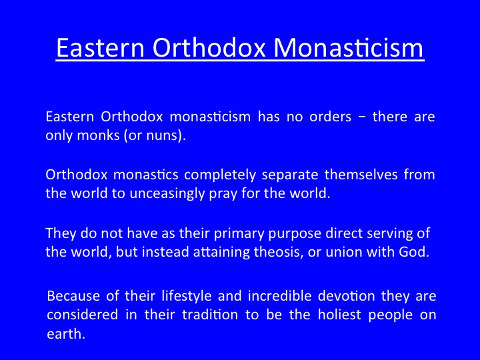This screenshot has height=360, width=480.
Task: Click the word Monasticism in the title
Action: [x=348, y=48]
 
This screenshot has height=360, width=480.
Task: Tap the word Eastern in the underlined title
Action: [x=100, y=48]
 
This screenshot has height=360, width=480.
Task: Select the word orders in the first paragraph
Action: [x=330, y=117]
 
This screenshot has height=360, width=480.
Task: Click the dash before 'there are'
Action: [x=362, y=117]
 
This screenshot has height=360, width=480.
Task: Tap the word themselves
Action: [x=361, y=175]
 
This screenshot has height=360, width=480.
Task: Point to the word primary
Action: [x=239, y=234]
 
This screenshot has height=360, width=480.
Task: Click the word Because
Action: [x=73, y=296]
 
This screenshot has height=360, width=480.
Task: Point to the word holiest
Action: [x=339, y=315]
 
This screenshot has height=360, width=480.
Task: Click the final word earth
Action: [x=66, y=333]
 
